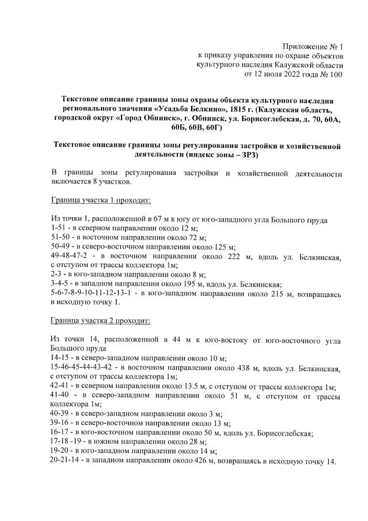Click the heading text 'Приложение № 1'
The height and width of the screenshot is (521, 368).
313,46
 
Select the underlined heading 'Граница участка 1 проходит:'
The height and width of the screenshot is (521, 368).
101,201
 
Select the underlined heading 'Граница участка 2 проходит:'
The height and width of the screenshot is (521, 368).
101,320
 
